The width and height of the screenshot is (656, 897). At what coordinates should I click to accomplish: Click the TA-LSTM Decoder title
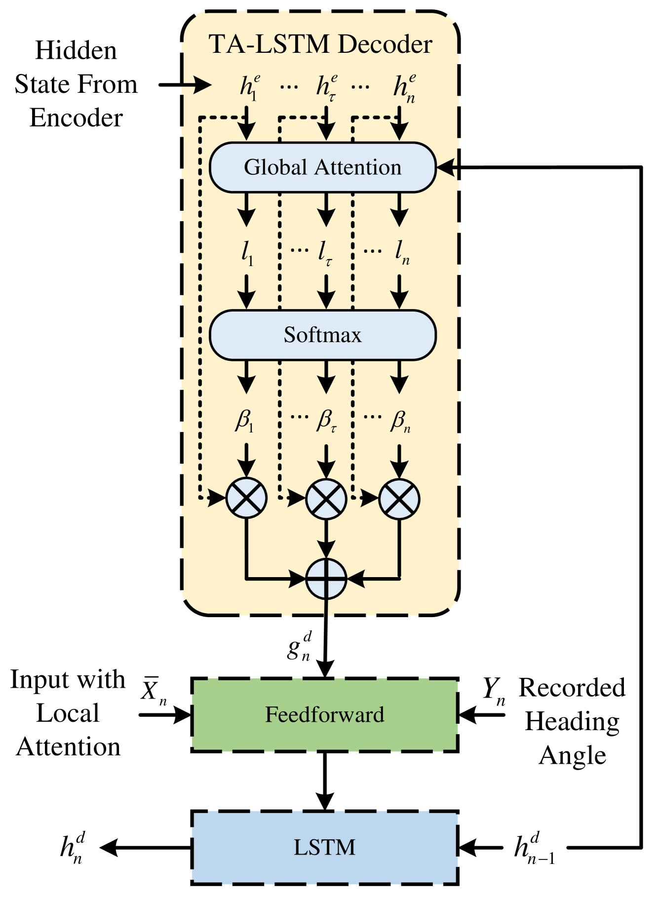point(321,44)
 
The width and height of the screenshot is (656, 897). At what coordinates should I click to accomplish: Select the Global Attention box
point(322,167)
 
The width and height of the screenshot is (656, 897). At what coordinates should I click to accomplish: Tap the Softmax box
point(322,335)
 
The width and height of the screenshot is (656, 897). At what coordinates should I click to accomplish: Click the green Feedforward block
point(324,715)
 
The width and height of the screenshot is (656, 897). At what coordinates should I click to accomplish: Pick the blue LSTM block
point(324,847)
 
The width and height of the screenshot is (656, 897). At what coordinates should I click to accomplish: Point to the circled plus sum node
point(326,579)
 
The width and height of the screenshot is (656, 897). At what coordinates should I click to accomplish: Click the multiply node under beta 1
point(246,499)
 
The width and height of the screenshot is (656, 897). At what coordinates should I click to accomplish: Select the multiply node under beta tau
point(326,499)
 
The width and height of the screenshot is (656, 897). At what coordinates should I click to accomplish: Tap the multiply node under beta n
point(399,499)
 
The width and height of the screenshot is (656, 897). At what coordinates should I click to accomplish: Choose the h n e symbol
point(404,87)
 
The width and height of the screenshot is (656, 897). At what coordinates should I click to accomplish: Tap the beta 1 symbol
point(244,421)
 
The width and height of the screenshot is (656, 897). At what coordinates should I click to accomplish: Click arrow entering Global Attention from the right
point(447,168)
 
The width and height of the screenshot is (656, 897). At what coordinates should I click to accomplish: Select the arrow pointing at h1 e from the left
point(197,85)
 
